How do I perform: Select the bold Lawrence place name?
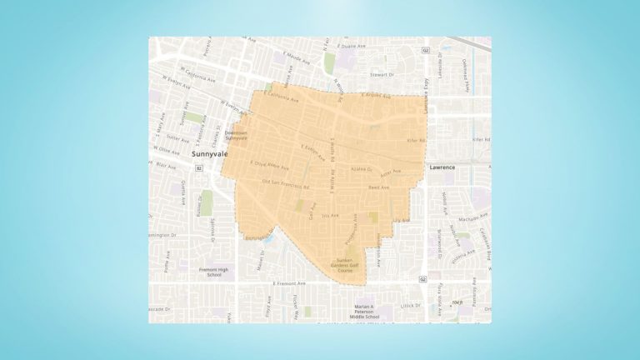442,167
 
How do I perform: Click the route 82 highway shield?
199,167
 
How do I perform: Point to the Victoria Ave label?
463,247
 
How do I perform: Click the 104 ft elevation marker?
457,303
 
